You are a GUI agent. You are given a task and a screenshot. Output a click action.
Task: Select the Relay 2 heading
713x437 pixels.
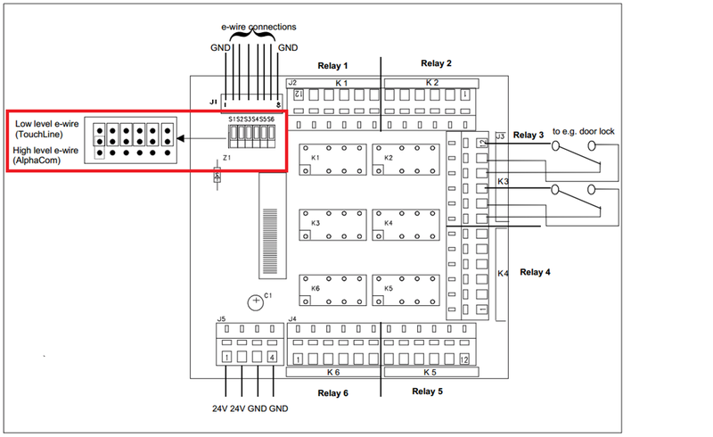(x=437, y=63)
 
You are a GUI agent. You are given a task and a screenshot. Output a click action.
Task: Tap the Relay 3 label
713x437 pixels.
(x=528, y=135)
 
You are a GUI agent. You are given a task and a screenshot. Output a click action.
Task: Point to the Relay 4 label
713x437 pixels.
(x=536, y=272)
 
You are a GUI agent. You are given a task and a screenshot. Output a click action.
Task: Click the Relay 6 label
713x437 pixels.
(x=333, y=392)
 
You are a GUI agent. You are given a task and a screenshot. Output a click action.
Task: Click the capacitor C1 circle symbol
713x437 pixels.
(x=256, y=301)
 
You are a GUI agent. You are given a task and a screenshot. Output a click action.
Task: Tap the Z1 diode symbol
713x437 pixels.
(x=217, y=177)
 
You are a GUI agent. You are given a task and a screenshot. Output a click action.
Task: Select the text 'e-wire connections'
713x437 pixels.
(x=259, y=27)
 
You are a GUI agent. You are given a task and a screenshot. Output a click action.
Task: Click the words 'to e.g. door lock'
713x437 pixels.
(x=584, y=131)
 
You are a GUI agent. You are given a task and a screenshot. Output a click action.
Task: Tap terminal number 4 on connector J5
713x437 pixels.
(x=273, y=358)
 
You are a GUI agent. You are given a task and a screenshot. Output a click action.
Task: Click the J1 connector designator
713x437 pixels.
(x=213, y=103)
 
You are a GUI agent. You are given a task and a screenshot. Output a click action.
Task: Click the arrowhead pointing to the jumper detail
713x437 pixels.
(x=180, y=139)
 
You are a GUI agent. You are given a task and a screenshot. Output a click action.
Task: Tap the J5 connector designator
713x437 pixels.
(x=221, y=317)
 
